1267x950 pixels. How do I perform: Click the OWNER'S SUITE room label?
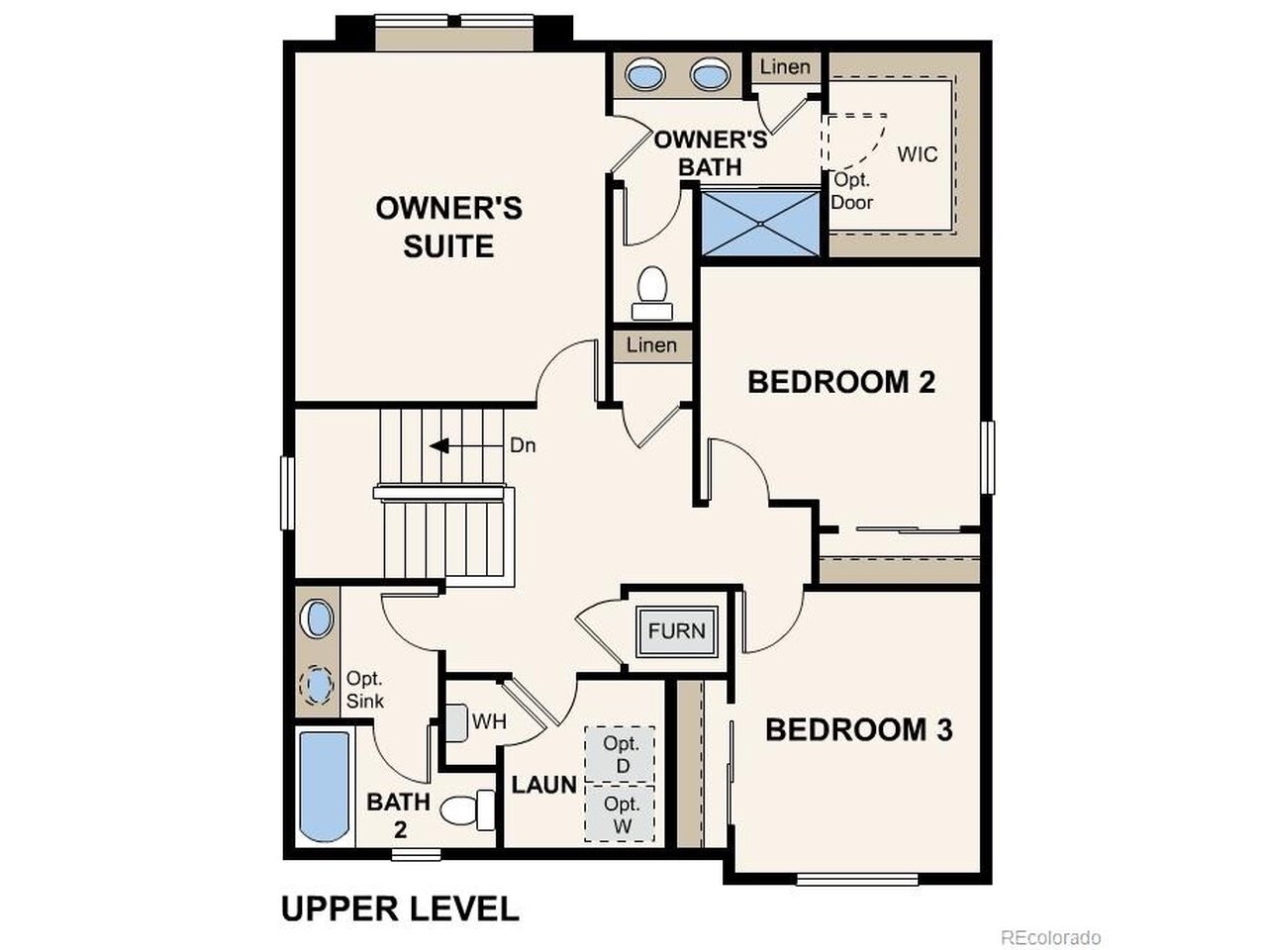pos(448,227)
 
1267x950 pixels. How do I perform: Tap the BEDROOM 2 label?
pos(841,382)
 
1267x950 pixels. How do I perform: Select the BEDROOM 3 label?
pos(859,729)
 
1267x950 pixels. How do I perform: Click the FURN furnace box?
pos(676,631)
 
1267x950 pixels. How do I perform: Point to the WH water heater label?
pos(489,721)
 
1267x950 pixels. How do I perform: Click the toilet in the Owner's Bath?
pos(652,293)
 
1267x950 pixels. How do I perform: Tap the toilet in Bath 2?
pos(467,810)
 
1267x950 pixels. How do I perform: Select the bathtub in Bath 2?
pos(325,787)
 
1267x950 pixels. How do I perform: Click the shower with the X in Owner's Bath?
pos(760,224)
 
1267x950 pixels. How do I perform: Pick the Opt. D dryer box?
pos(620,754)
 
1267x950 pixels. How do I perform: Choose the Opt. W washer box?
pos(620,813)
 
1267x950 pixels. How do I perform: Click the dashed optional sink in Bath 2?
pos(317,685)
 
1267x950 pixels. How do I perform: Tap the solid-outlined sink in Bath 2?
pos(317,618)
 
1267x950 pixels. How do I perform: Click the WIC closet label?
pos(918,154)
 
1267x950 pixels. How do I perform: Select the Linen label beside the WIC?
pos(785,67)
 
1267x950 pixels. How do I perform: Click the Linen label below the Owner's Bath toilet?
pos(651,345)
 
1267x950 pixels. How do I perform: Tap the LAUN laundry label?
pos(544,785)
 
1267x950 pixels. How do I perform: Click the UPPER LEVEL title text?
pos(400,909)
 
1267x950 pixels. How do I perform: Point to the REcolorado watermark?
pos(1050,937)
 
